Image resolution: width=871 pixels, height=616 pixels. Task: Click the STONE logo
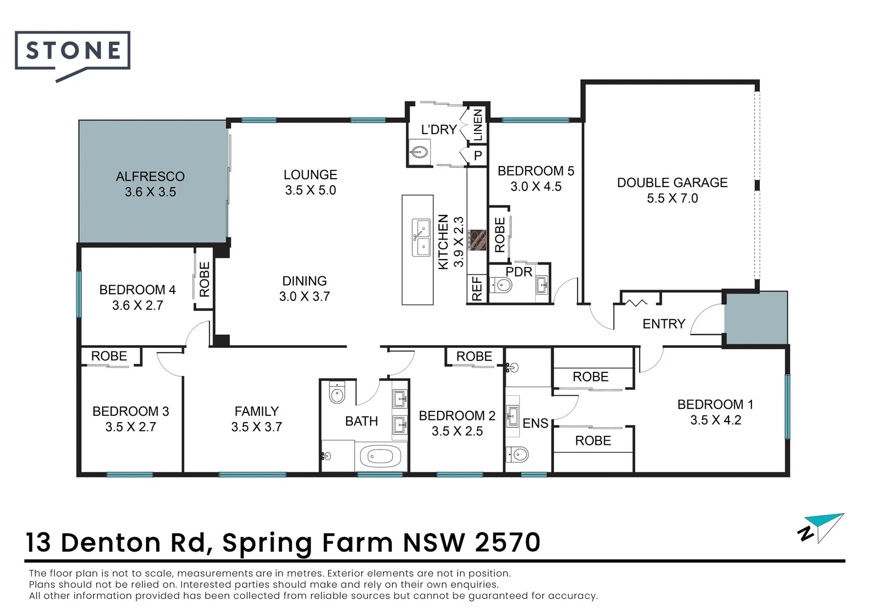[x=73, y=51]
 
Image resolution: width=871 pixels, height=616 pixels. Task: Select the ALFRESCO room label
[x=150, y=176]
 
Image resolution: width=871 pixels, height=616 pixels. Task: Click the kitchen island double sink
[x=422, y=238]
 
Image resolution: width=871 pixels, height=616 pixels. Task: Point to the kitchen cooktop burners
[x=478, y=240]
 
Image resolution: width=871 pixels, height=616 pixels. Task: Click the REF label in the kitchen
[x=477, y=289]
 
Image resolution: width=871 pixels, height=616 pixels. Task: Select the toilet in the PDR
[x=502, y=285]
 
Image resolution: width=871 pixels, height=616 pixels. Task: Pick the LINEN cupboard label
[x=478, y=125]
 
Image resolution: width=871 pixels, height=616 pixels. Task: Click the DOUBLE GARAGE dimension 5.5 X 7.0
[x=672, y=198]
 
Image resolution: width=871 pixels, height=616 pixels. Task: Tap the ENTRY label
[x=664, y=324]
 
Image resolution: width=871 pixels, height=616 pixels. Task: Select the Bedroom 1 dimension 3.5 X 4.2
[x=715, y=420]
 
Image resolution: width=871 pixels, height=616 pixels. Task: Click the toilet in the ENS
[x=519, y=455]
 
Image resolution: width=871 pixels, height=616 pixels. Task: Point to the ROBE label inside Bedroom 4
[x=204, y=279]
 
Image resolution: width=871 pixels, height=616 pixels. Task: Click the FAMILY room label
[x=257, y=411]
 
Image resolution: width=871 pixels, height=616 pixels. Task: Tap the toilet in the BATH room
[x=337, y=393]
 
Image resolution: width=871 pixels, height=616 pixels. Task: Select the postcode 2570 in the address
[x=507, y=542]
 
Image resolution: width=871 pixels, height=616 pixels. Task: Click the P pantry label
[x=478, y=155]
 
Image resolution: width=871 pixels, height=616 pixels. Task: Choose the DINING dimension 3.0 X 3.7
[x=304, y=297]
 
